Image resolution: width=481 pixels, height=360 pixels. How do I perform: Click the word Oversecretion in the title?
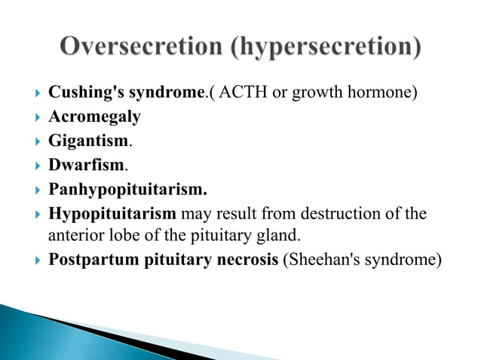tap(141, 47)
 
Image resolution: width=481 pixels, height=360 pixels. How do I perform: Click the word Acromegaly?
tap(94, 117)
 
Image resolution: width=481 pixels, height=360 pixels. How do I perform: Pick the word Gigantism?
tap(89, 141)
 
